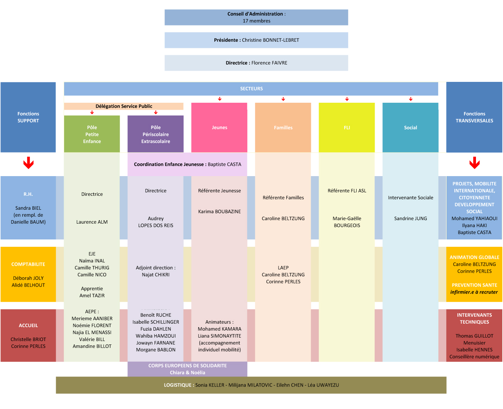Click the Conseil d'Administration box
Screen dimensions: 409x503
click(256, 17)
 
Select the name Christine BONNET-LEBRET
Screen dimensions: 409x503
click(270, 40)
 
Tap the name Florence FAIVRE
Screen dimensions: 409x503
click(269, 63)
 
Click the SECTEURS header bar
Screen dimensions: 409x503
click(251, 89)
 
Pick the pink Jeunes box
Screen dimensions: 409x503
click(219, 127)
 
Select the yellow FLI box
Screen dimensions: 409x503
click(347, 127)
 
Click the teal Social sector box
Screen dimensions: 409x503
click(410, 127)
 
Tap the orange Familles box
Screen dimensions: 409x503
click(283, 127)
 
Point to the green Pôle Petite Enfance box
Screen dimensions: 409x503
click(92, 134)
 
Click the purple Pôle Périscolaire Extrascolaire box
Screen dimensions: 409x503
click(156, 134)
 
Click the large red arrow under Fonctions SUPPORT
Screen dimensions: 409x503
click(28, 163)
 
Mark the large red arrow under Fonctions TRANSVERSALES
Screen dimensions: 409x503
click(474, 163)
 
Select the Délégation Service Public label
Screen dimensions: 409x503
click(124, 106)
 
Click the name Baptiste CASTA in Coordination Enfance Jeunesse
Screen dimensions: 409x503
click(224, 165)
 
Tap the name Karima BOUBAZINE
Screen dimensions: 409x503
click(219, 212)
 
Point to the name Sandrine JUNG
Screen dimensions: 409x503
click(410, 219)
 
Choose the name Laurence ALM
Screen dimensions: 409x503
click(92, 222)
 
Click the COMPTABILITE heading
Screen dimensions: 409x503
click(28, 265)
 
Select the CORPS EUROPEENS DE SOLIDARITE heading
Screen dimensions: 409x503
click(187, 366)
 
